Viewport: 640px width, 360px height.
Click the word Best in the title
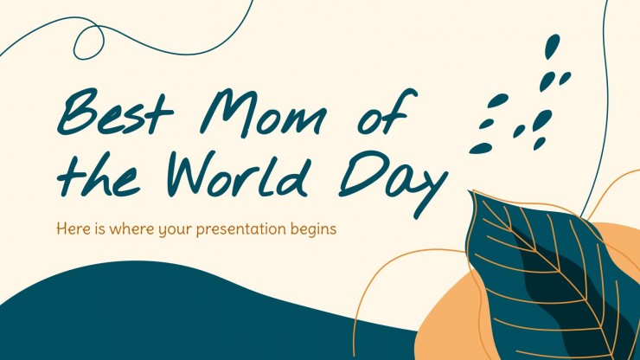(x=113, y=115)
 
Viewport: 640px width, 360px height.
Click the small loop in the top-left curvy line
(x=91, y=38)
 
